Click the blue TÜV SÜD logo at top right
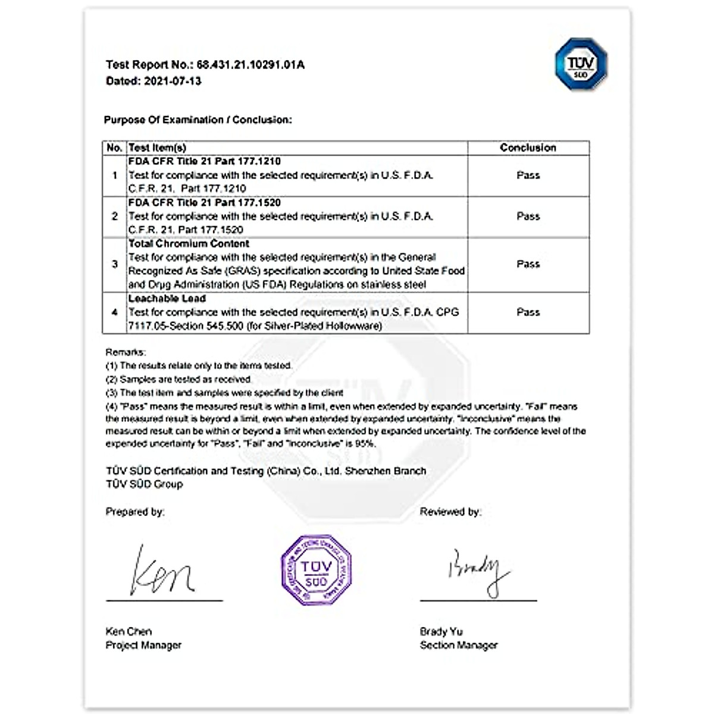[x=581, y=64]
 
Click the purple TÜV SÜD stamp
[x=316, y=570]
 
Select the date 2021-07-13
[x=173, y=81]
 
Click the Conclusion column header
[x=528, y=148]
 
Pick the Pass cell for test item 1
[x=528, y=176]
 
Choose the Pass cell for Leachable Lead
[x=528, y=312]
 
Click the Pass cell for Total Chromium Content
[x=528, y=264]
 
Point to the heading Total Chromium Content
[x=189, y=244]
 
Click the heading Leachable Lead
[x=167, y=299]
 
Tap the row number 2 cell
[x=115, y=217]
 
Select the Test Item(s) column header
[x=158, y=148]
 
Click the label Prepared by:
[x=135, y=512]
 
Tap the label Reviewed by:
[x=450, y=512]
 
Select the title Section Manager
[x=458, y=645]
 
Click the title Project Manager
[x=143, y=645]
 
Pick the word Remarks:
[x=126, y=352]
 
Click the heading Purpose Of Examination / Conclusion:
[x=198, y=120]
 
